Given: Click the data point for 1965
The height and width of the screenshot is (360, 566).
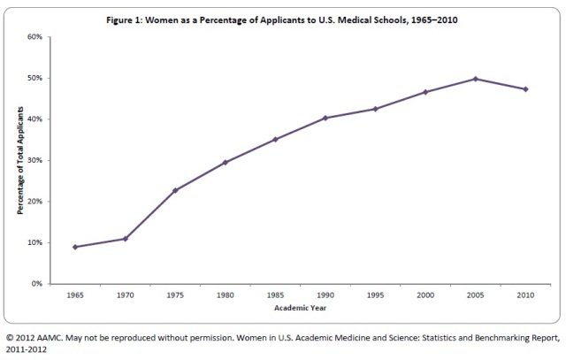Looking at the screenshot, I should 75,247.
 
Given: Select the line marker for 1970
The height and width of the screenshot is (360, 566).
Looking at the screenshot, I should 126,239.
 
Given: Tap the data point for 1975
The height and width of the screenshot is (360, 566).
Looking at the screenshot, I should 175,190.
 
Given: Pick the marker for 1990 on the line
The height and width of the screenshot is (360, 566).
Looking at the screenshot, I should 325,118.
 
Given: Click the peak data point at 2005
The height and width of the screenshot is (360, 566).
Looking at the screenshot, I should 476,79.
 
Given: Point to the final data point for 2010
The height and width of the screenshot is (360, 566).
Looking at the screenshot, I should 526,89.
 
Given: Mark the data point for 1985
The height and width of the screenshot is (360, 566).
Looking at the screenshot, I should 276,139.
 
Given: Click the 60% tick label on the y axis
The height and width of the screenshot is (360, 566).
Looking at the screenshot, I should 35,37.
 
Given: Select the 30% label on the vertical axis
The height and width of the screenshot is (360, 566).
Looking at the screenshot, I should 35,160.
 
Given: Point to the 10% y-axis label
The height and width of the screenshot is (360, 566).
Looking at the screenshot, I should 35,242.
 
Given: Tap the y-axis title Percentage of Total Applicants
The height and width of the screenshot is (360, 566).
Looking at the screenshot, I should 19,160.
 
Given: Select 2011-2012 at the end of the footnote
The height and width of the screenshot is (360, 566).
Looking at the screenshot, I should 26,349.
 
